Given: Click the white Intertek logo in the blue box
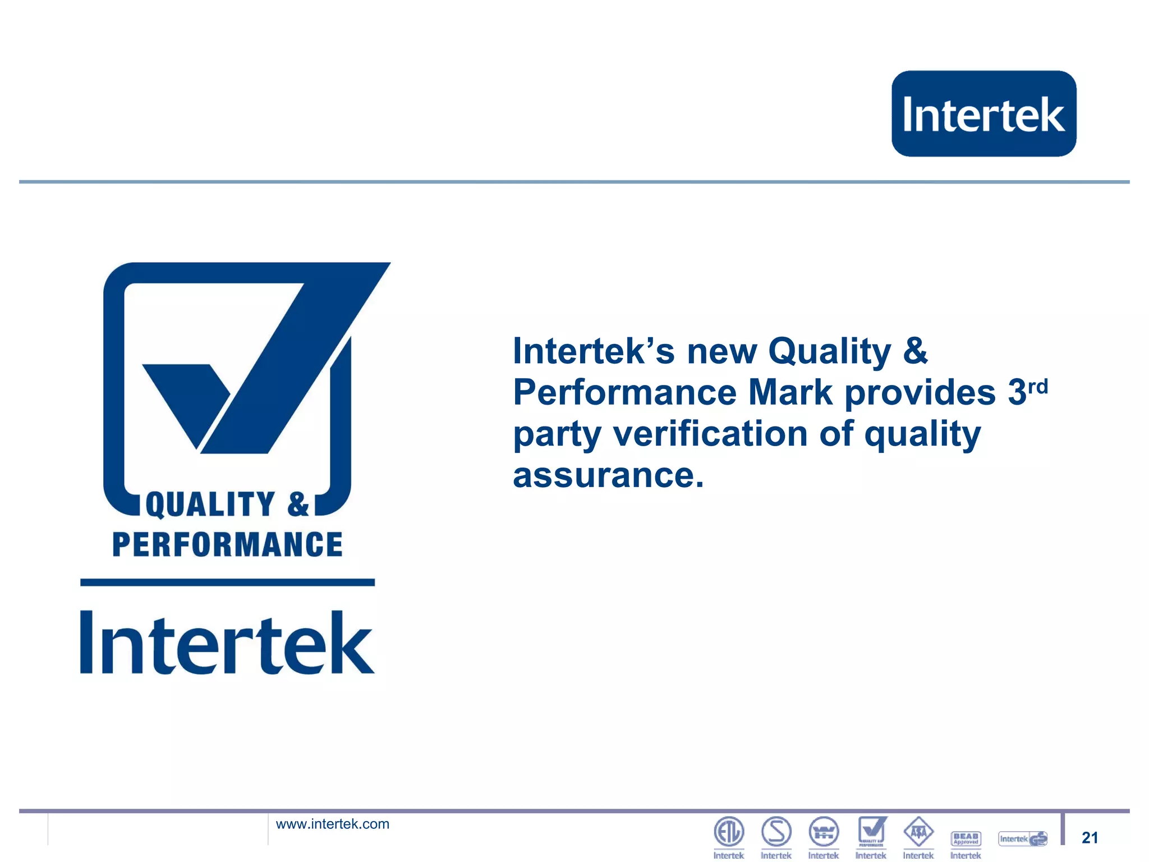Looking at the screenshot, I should (x=983, y=114).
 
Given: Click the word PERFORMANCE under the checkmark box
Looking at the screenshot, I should (x=227, y=544).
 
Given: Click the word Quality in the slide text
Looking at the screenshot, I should (x=829, y=351).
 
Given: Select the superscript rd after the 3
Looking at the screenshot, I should (x=1038, y=386).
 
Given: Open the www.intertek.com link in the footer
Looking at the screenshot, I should (x=332, y=824).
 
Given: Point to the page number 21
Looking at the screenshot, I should (x=1090, y=837).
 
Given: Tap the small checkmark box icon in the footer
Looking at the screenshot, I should (x=871, y=831).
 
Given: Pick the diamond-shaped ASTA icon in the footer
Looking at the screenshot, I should (x=918, y=832).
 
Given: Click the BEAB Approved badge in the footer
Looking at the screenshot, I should (x=966, y=838).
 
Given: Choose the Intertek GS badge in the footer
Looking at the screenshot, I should (x=1023, y=838).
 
